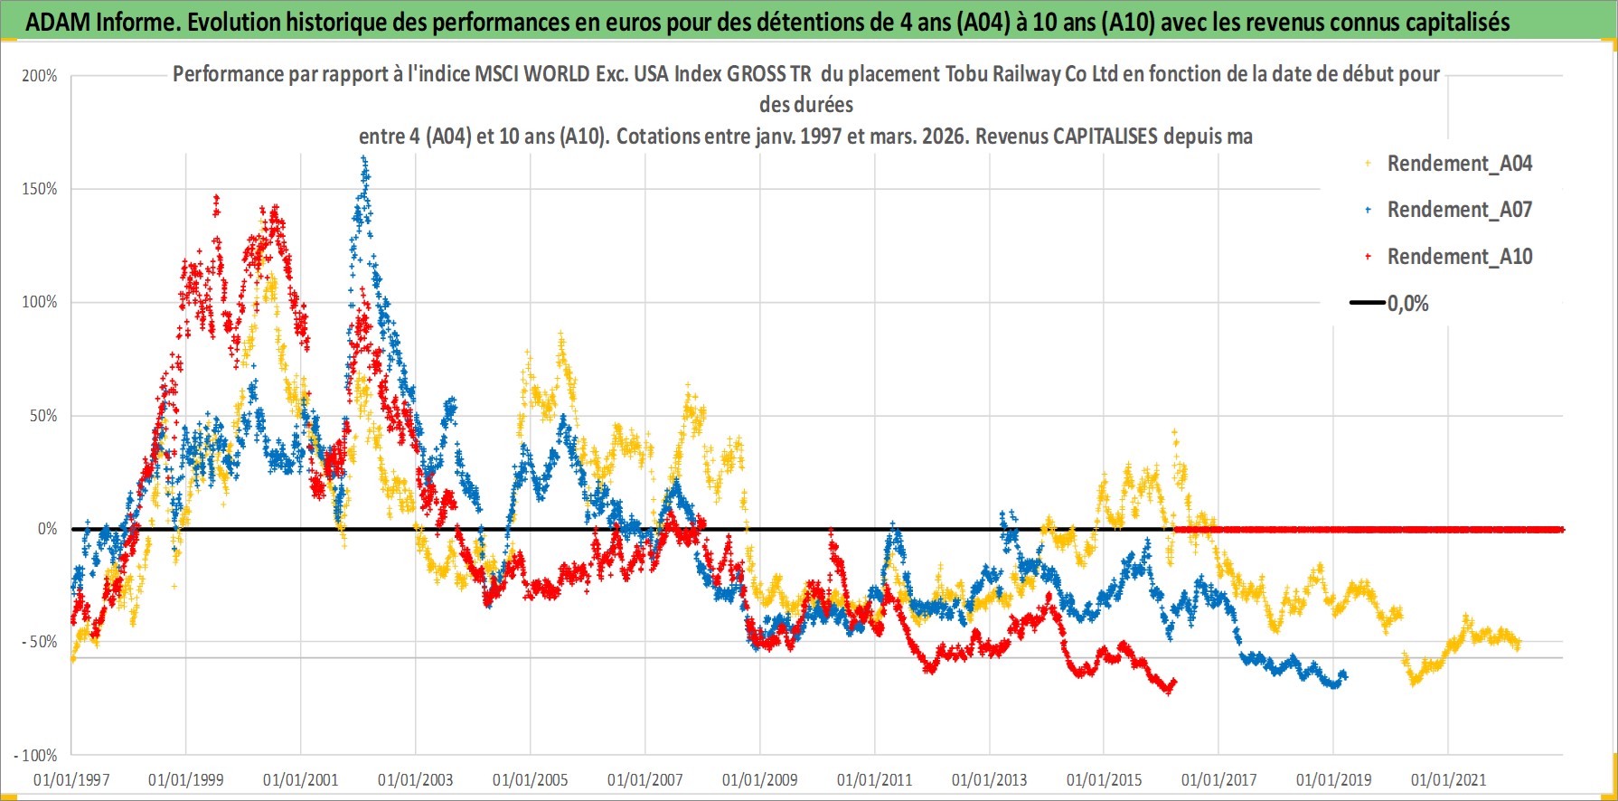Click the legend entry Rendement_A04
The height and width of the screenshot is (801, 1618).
(x=1459, y=164)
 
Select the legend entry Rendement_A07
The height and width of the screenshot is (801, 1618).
(x=1459, y=210)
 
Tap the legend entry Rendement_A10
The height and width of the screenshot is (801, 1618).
(x=1459, y=257)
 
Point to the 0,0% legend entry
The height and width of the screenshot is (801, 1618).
(x=1407, y=304)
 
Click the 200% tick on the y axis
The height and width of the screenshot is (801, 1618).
(x=40, y=76)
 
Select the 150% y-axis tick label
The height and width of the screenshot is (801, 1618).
(x=40, y=189)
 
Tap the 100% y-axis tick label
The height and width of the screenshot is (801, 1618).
(x=40, y=302)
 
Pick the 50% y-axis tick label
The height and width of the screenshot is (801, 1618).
(x=43, y=416)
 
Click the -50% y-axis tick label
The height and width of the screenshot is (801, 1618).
(x=39, y=642)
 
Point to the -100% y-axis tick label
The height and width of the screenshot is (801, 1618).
(x=36, y=755)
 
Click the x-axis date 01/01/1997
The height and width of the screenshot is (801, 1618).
(x=71, y=779)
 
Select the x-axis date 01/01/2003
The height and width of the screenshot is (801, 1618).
(x=415, y=779)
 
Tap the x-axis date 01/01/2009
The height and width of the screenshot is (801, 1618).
(x=759, y=779)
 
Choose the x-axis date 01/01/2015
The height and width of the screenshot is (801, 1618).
(x=1104, y=779)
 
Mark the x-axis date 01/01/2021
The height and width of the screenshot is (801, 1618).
(x=1448, y=779)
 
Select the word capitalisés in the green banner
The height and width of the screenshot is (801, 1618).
(x=1455, y=22)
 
